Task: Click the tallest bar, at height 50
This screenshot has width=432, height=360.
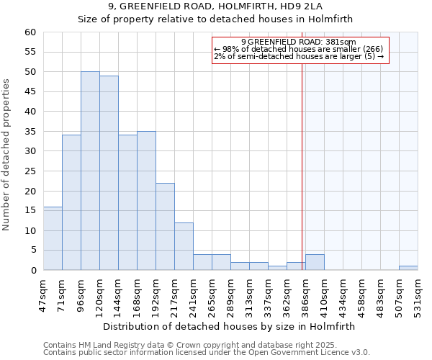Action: pos(90,171)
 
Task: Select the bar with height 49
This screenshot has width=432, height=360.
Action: pos(109,173)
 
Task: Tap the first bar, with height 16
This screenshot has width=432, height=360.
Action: pos(53,238)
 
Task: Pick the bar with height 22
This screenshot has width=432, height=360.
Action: pos(165,226)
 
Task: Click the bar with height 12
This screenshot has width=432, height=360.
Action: pos(184,246)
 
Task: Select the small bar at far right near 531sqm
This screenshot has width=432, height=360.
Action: pos(408,268)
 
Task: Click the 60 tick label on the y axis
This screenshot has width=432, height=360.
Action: pos(30,32)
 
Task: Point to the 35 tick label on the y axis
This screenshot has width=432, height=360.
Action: pos(30,132)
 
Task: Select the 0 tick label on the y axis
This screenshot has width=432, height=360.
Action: pos(32,271)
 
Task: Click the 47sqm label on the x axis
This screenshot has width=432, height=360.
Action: pos(43,294)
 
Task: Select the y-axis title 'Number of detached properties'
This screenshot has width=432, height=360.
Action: pos(7,156)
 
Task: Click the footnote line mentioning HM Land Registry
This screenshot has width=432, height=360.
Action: pos(206,345)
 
